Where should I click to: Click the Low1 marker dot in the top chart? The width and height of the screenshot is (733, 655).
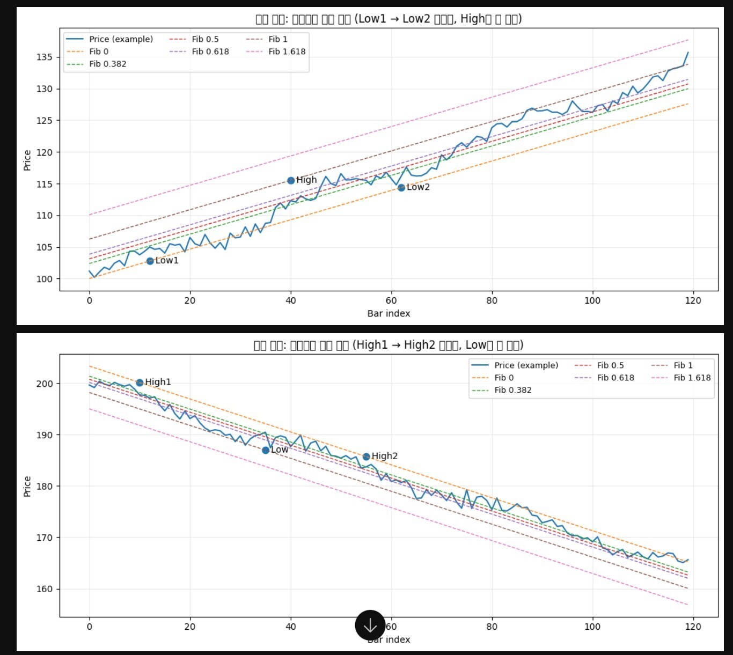[x=150, y=261]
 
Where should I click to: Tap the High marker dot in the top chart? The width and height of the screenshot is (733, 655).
[x=291, y=181]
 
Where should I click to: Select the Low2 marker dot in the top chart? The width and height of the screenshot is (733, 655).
[x=401, y=188]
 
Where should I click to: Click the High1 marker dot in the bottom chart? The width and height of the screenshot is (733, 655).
[x=140, y=382]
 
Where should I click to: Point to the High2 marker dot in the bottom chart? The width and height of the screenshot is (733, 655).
[x=366, y=457]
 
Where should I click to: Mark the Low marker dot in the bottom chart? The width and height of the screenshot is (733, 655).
[x=266, y=450]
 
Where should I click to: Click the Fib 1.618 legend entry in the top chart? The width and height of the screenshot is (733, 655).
[x=287, y=51]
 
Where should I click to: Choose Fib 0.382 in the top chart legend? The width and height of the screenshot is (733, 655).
[x=107, y=64]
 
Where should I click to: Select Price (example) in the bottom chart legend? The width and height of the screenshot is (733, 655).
[x=526, y=365]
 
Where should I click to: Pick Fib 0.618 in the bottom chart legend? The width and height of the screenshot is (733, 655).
[x=615, y=378]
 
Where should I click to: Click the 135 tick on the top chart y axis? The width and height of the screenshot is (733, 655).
[x=45, y=57]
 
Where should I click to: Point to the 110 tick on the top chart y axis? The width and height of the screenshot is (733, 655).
[x=45, y=216]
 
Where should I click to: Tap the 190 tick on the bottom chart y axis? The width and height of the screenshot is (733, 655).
[x=45, y=435]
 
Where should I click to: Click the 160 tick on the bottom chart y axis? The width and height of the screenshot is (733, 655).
[x=45, y=589]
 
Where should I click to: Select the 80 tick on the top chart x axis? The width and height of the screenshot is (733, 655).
[x=492, y=300]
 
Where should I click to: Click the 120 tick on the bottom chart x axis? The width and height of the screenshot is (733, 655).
[x=693, y=627]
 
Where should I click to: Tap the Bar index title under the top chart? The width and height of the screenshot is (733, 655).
[x=389, y=313]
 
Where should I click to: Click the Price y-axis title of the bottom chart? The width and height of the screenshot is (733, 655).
[x=27, y=486]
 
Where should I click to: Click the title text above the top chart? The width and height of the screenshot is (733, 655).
[x=389, y=19]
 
